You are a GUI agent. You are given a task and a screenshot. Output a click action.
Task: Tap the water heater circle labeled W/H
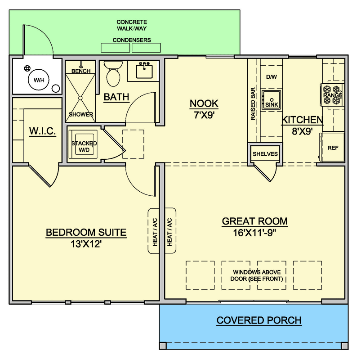(x=36, y=81)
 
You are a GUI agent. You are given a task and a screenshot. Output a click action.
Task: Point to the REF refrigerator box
(x=333, y=147)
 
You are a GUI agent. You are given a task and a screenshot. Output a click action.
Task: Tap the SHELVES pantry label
(x=265, y=154)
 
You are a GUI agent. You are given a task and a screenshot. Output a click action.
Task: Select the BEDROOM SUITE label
(x=86, y=233)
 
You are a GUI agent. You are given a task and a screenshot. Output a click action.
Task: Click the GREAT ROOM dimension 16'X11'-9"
(x=254, y=233)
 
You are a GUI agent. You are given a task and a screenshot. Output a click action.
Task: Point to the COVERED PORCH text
(x=259, y=320)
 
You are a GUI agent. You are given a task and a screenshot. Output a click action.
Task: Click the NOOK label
(x=204, y=103)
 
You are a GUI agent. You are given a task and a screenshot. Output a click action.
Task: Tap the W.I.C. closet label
(x=42, y=131)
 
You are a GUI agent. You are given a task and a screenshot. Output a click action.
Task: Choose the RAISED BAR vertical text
(x=253, y=104)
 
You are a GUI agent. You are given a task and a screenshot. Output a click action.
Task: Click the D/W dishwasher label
(x=271, y=77)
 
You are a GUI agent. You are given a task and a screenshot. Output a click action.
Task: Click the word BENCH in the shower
(x=81, y=71)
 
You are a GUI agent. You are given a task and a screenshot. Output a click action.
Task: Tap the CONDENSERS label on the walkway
(x=132, y=40)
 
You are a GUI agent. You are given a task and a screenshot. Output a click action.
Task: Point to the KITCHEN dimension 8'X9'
(x=302, y=132)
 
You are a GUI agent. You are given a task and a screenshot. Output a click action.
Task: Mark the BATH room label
(x=116, y=97)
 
